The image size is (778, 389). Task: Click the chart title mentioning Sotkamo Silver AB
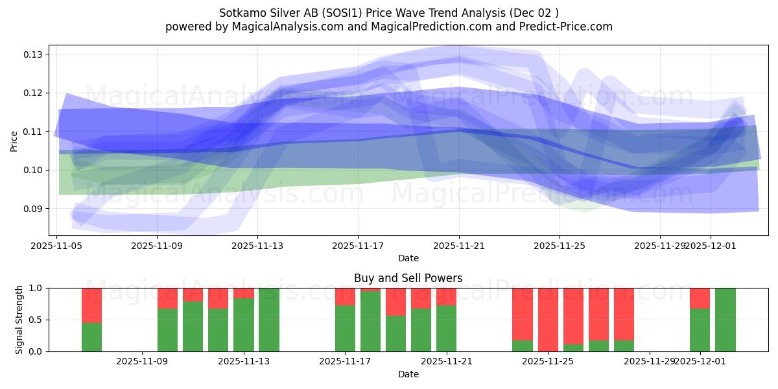point(389,12)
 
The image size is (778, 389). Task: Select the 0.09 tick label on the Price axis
point(33,209)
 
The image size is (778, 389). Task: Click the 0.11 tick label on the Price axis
point(33,132)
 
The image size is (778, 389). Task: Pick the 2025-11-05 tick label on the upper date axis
point(57,246)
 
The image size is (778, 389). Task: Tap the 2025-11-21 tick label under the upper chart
point(459,246)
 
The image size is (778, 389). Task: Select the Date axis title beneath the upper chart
point(408,258)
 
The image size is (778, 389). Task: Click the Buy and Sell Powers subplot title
point(408,278)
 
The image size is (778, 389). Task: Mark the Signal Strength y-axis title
point(19,319)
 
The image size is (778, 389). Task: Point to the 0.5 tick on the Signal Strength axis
point(36,320)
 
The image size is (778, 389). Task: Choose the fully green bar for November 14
point(269,320)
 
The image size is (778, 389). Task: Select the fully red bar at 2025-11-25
point(548,320)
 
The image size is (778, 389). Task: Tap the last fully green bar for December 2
point(725,320)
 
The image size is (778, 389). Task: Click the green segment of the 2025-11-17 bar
point(345,328)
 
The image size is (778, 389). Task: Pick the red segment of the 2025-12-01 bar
point(700,298)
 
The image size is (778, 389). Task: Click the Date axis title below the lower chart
point(408,374)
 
